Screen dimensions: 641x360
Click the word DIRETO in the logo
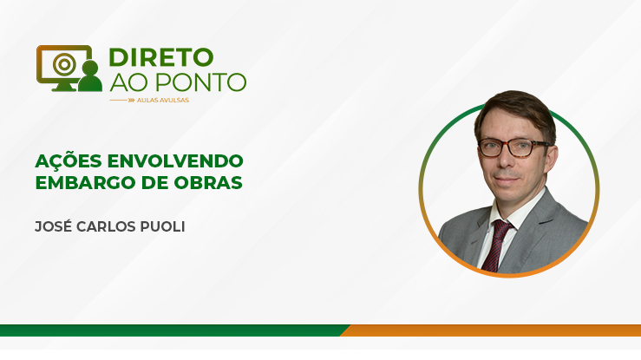tap(161, 57)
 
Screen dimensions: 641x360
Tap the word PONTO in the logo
tap(201, 82)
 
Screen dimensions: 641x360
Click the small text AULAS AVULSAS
tap(163, 100)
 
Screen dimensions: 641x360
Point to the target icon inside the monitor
tap(64, 64)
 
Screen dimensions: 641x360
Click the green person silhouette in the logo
tap(90, 76)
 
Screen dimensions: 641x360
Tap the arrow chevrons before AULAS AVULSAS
tap(131, 100)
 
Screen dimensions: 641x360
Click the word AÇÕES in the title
tap(69, 160)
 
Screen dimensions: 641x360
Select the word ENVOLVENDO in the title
tap(175, 161)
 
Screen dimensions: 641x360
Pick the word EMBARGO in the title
tap(86, 183)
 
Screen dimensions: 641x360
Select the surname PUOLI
tap(163, 226)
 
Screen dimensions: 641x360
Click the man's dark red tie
tap(497, 245)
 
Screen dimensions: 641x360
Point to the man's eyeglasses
tap(514, 147)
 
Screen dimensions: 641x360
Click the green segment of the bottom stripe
tap(172, 331)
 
